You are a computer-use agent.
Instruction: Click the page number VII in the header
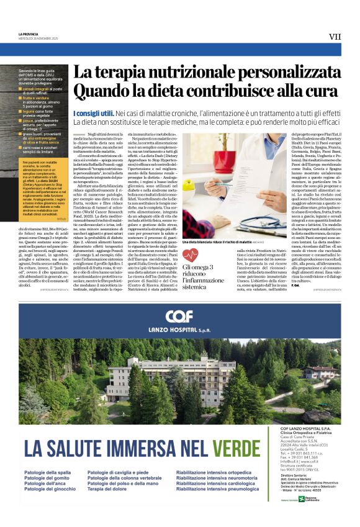[x=335, y=37]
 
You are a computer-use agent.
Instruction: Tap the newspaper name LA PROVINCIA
[x=29, y=33]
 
